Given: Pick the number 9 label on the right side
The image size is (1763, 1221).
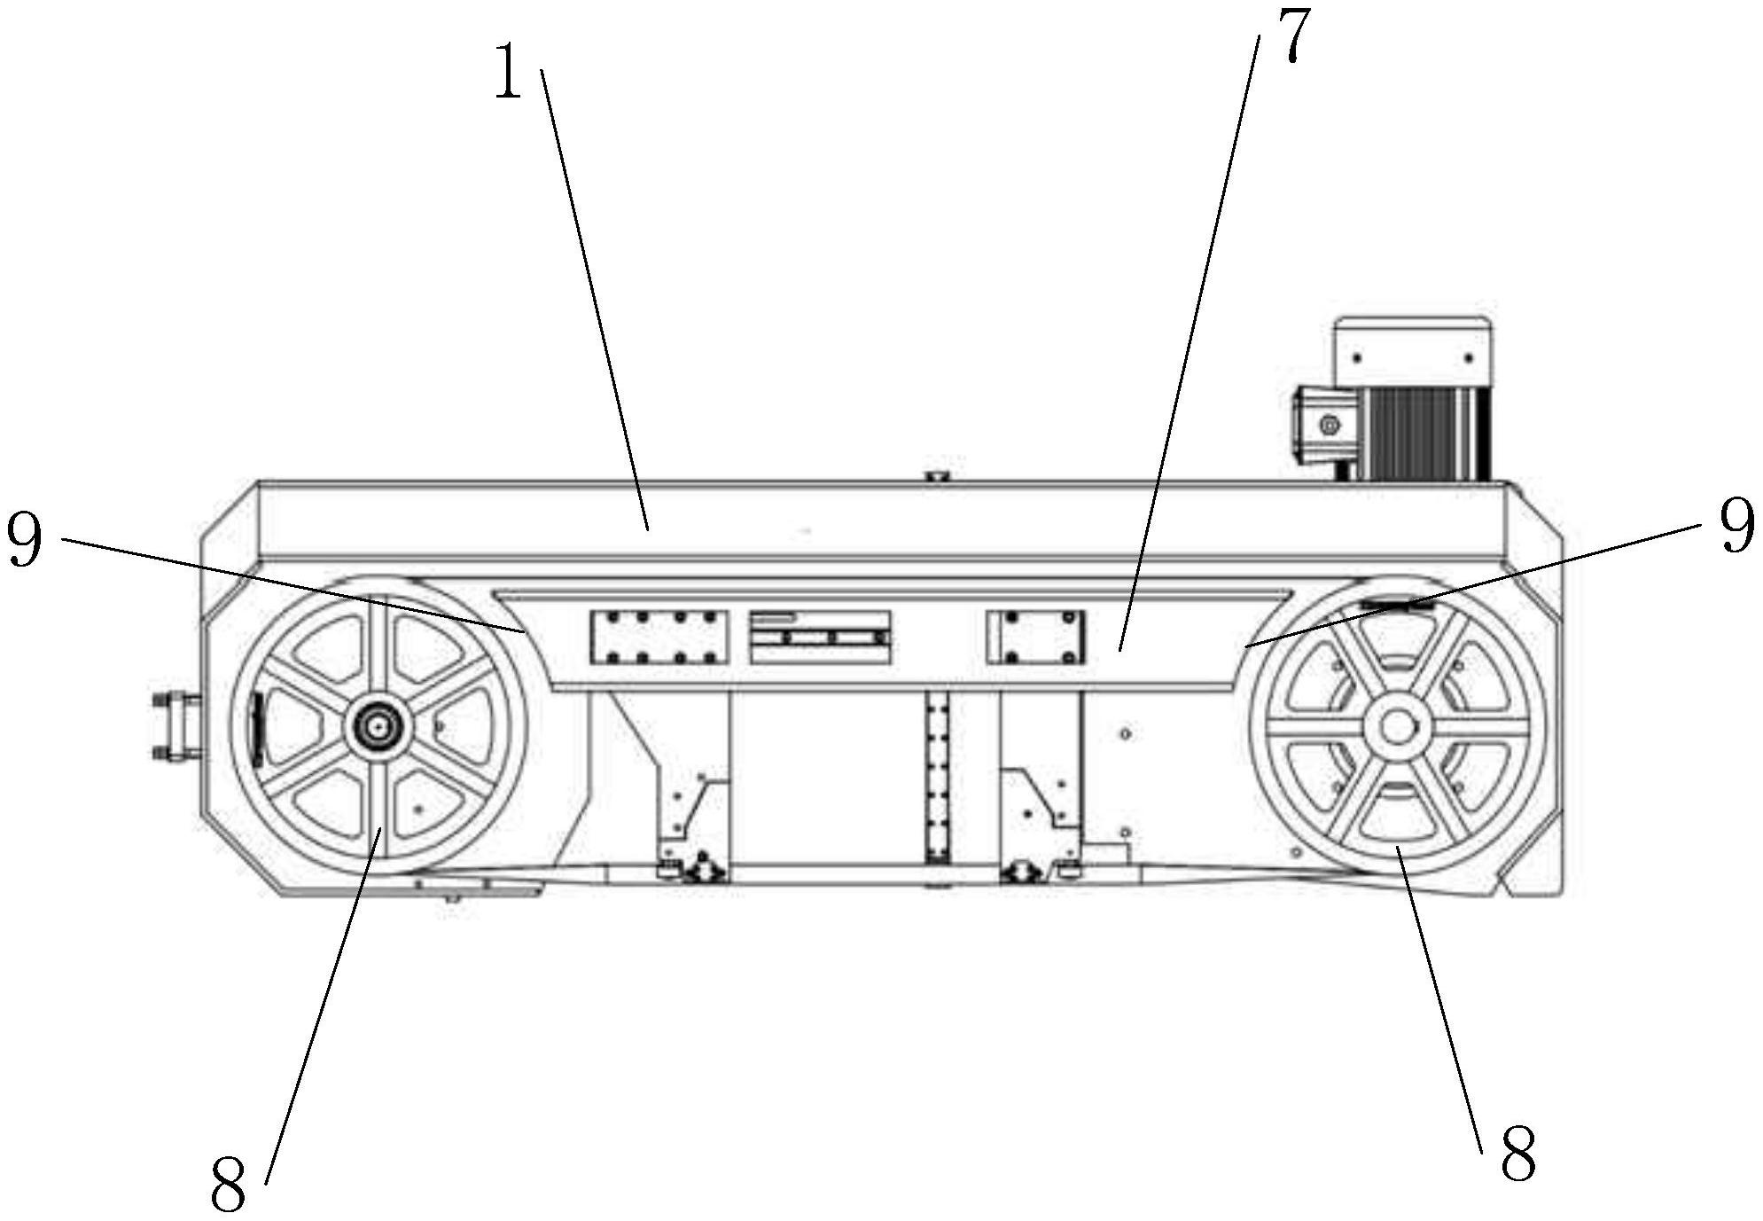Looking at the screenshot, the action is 1736,526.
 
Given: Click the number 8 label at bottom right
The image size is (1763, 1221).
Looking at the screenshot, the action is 1517,1154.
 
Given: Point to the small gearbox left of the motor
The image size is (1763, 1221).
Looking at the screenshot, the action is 1328,425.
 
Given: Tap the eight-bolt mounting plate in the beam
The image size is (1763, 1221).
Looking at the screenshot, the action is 659,637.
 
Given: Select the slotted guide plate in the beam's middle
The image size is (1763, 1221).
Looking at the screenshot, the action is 819,637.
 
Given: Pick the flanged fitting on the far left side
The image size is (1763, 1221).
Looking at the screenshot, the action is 176,726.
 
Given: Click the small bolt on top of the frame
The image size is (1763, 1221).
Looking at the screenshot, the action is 935,476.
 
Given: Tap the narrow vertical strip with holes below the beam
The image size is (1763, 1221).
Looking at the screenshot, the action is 936,778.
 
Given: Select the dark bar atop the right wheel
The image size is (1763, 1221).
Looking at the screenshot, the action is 1399,605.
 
